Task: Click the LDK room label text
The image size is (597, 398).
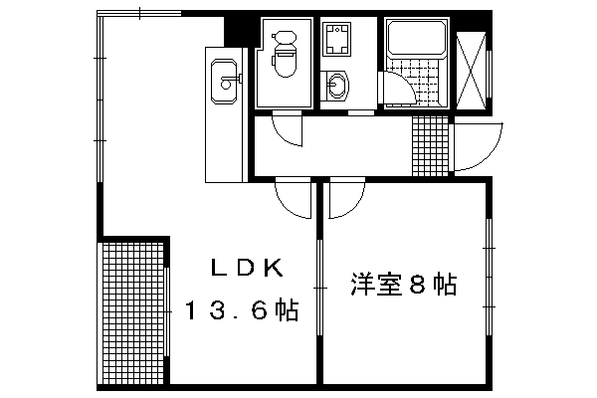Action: pos(248,268)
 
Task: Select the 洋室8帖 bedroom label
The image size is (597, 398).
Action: pos(404,285)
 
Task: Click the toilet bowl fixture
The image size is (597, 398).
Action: pos(285,54)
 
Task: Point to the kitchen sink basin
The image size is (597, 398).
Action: pos(224,81)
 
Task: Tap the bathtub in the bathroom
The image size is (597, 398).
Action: pos(417,39)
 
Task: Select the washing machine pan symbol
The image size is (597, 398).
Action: pos(336,39)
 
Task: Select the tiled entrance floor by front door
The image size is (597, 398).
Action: pos(430,146)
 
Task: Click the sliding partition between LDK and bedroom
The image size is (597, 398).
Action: pos(319,288)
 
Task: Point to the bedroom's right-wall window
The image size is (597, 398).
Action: pos(489,277)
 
